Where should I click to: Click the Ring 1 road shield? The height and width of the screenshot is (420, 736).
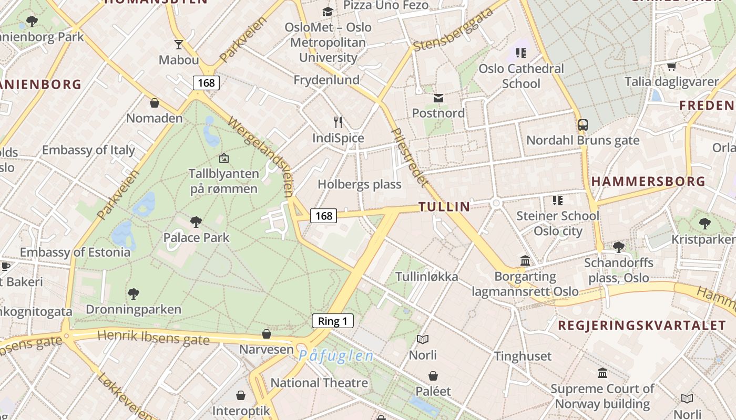(333, 321)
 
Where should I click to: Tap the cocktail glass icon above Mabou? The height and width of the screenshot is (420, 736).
(179, 45)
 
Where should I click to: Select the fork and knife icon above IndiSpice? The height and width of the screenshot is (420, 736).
(338, 122)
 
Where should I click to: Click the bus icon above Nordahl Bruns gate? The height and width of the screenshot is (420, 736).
(582, 125)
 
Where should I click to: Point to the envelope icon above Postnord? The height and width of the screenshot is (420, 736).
(438, 98)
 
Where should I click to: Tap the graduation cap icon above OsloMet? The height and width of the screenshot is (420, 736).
(328, 12)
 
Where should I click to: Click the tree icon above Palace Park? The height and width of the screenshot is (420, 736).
(196, 222)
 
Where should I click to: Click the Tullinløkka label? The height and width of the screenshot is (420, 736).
(426, 277)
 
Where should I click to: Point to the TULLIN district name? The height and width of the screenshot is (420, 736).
(444, 207)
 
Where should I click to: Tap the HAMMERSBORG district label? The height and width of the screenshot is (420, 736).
(648, 182)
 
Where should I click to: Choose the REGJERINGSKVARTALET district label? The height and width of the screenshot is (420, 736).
(642, 325)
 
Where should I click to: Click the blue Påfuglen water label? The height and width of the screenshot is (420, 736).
(336, 356)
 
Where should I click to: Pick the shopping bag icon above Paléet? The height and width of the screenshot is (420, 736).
(433, 376)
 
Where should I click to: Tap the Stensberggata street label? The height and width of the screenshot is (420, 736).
(453, 30)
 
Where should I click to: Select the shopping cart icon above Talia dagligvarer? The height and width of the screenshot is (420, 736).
(671, 66)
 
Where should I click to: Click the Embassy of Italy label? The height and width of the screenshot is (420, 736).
(88, 150)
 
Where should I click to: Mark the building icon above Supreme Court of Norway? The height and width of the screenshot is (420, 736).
(602, 373)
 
